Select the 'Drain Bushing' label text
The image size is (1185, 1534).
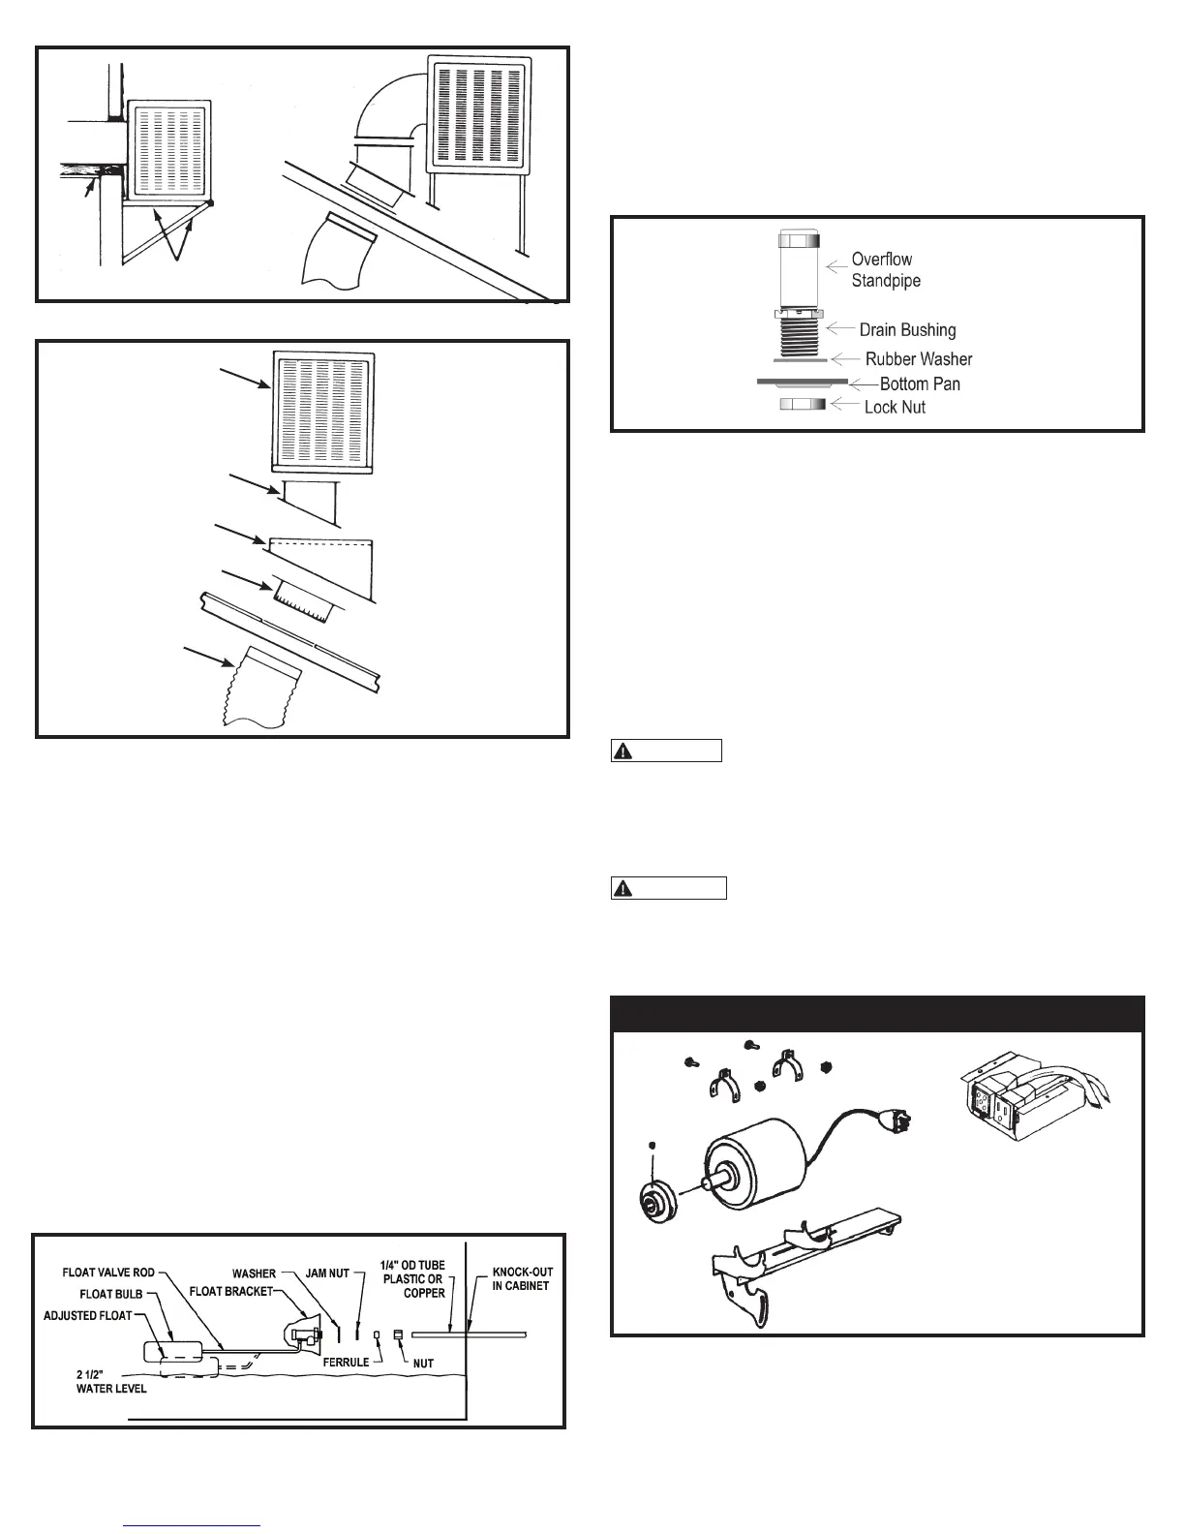[907, 330]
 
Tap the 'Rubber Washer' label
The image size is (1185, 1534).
[918, 359]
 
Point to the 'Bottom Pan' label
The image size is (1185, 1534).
[919, 383]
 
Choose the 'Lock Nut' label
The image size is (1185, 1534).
[895, 407]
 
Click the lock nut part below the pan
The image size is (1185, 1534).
[803, 404]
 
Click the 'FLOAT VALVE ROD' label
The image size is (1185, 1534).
[108, 1272]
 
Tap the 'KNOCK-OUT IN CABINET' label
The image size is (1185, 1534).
[522, 1278]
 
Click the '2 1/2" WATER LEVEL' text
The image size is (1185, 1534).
[110, 1381]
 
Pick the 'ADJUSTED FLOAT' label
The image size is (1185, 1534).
[87, 1315]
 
